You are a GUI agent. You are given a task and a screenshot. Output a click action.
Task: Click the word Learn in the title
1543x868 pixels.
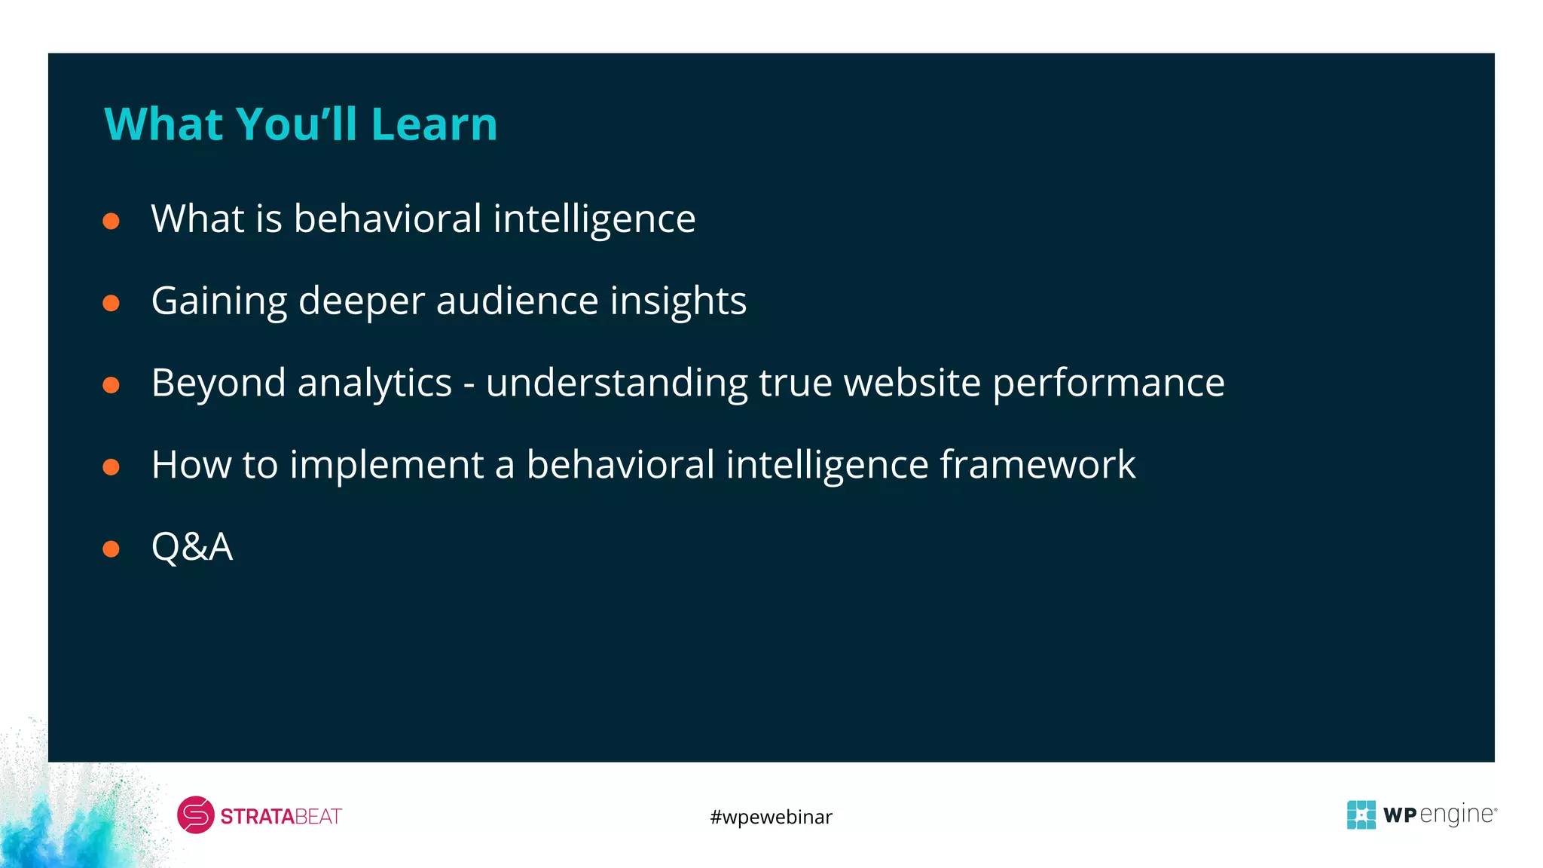tap(434, 124)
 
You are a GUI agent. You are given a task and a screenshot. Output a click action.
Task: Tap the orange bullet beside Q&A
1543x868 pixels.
tap(112, 549)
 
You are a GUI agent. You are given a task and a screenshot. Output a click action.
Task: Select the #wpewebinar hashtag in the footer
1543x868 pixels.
tap(771, 817)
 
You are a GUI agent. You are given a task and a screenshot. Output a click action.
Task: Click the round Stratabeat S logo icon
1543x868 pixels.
tap(196, 815)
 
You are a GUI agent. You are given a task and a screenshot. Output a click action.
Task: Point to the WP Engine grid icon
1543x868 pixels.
tap(1361, 815)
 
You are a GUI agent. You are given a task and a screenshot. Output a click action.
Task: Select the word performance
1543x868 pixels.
tap(1108, 384)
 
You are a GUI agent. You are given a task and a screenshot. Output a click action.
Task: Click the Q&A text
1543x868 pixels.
tap(192, 547)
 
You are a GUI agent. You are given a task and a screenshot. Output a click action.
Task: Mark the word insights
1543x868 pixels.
tap(678, 301)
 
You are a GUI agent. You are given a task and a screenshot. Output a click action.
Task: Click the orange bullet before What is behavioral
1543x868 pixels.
tap(112, 221)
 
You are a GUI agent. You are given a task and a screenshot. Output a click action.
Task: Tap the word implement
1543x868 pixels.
tap(387, 465)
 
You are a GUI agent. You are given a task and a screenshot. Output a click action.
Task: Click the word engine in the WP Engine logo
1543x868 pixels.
tap(1457, 815)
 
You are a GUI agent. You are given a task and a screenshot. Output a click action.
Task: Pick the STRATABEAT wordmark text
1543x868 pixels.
tap(281, 817)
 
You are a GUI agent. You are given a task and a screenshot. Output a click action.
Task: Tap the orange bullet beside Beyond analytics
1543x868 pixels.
tap(112, 385)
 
